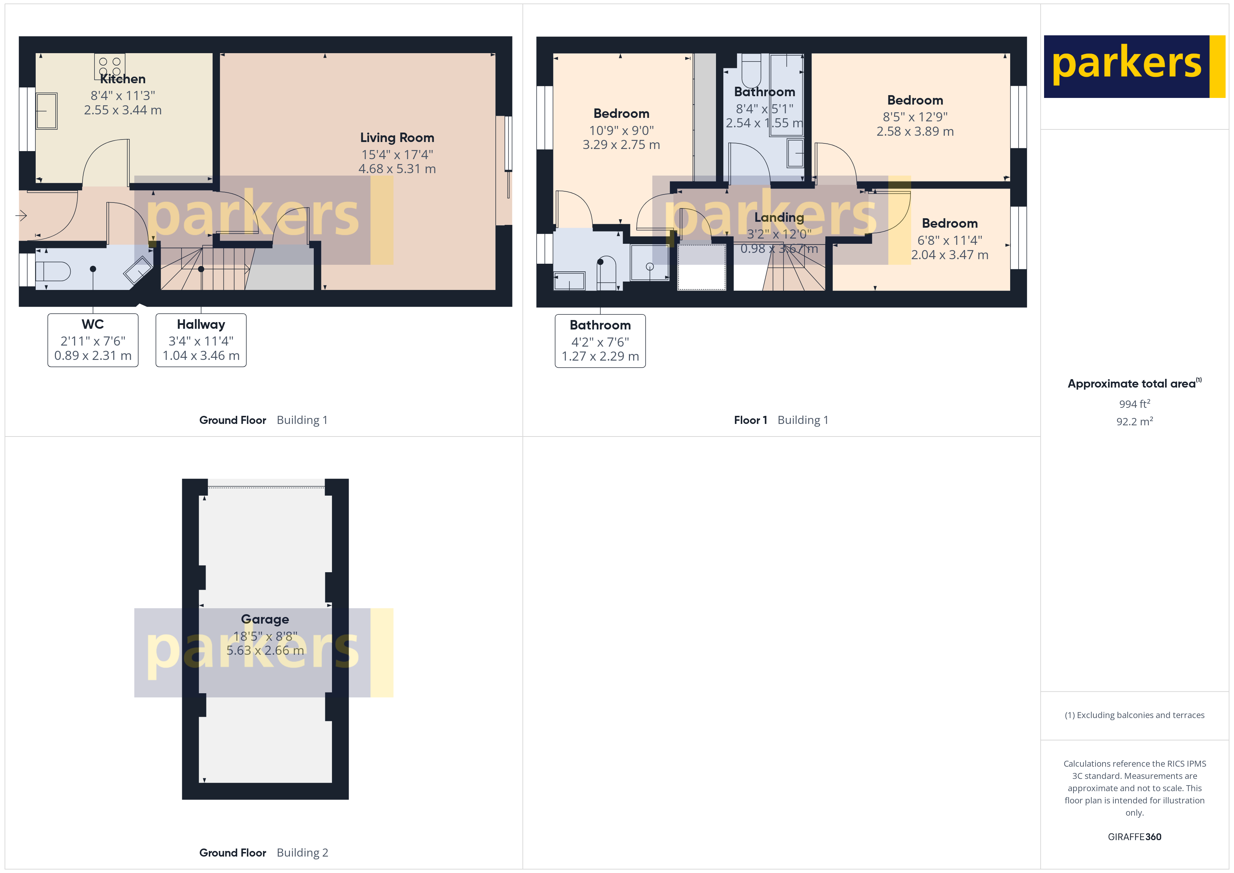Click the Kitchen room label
[122, 79]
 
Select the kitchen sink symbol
[47, 111]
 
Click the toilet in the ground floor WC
[53, 271]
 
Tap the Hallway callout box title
[201, 324]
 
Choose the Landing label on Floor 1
[779, 217]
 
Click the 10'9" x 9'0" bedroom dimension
[621, 130]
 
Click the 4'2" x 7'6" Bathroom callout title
[600, 325]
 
